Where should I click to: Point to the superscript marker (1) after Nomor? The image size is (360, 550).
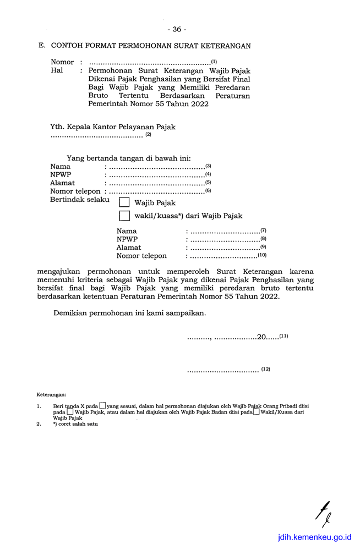tap(214, 62)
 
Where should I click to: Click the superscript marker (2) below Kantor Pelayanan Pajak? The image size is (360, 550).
tap(148, 135)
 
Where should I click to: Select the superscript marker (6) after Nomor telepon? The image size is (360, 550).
tap(208, 190)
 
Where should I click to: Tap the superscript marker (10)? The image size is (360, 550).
tap(262, 255)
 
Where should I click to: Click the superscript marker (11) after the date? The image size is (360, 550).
tap(283, 335)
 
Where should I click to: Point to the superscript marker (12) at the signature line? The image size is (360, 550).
tap(266, 369)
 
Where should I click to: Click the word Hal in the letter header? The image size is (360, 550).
tap(57, 70)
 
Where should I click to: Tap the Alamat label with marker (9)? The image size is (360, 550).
tap(128, 248)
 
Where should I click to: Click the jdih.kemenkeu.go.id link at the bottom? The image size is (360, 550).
tap(314, 538)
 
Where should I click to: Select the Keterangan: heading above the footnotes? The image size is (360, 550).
tap(51, 395)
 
